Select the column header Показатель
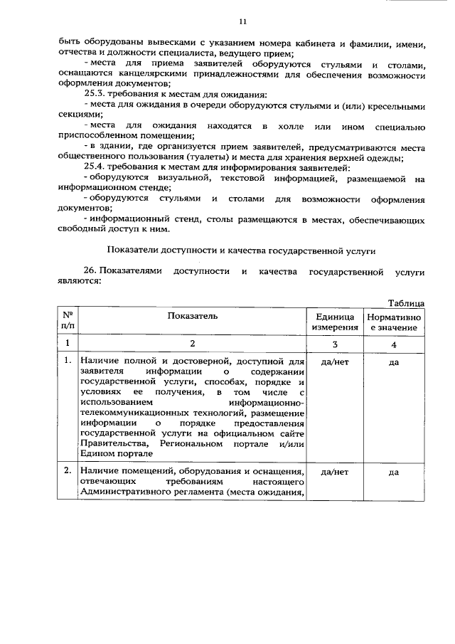pos(193,315)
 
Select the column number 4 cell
pos(393,344)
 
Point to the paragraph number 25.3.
pos(96,95)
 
